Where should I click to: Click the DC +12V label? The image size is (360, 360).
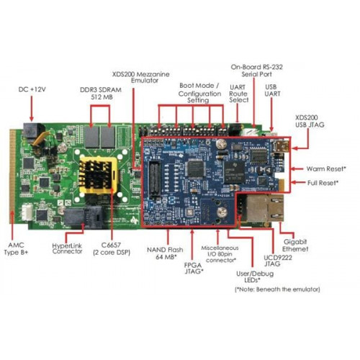32,89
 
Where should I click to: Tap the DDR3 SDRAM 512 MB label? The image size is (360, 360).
101,94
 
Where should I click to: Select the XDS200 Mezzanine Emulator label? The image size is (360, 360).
141,77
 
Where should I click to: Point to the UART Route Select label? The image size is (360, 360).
238,94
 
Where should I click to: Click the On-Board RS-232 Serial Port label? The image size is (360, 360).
256,71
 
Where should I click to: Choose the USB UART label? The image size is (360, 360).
272,90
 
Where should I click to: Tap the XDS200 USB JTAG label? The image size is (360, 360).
310,121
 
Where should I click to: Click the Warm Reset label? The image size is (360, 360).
326,168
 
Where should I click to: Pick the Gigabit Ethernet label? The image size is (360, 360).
295,246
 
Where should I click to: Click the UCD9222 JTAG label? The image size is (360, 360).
278,261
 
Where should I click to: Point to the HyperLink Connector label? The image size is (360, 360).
67,248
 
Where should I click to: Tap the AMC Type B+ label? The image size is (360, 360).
16,248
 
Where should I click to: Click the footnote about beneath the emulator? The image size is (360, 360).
277,289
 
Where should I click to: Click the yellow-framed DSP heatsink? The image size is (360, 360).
99,175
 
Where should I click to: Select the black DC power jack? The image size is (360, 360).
32,132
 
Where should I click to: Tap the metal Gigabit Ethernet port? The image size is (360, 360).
264,208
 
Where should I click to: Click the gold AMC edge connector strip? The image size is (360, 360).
12,176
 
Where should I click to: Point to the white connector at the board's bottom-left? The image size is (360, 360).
27,212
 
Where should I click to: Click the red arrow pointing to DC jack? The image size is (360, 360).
32,109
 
